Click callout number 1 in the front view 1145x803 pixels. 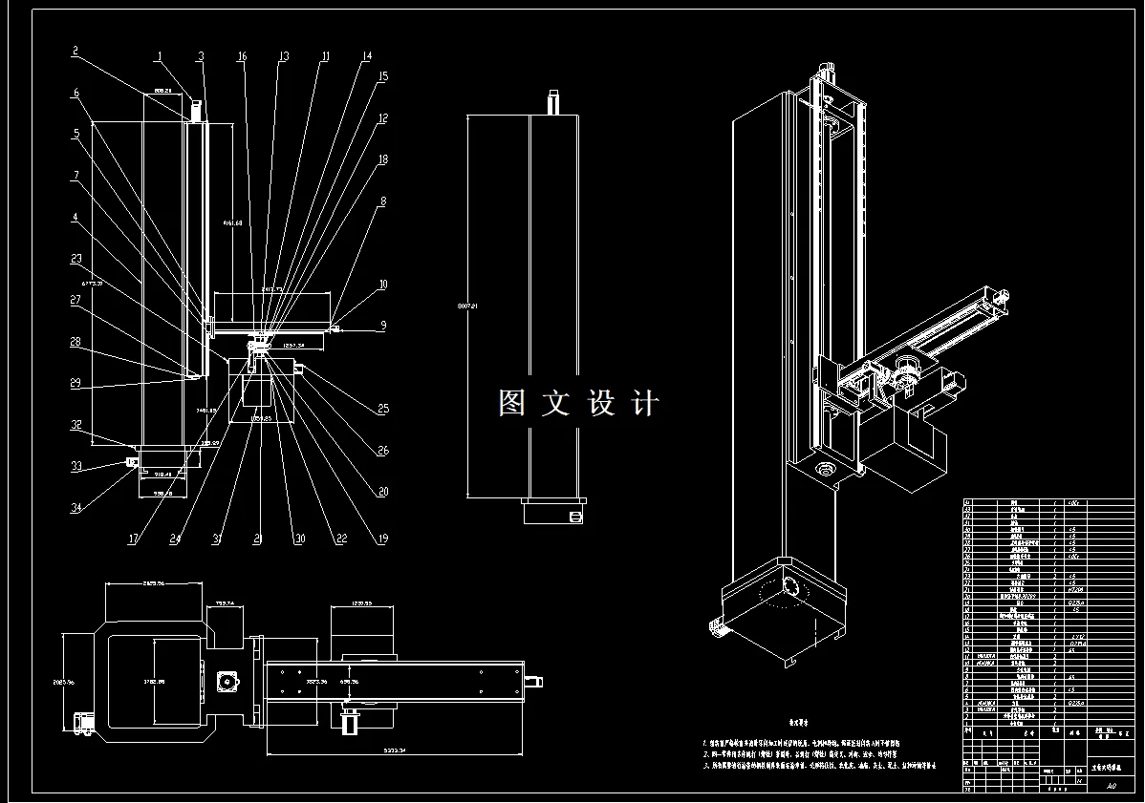(160, 56)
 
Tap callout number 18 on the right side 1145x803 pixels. (383, 159)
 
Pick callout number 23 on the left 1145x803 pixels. (76, 258)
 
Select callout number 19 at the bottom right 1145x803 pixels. (383, 539)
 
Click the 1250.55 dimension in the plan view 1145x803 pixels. (362, 604)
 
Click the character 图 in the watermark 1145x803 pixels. (511, 403)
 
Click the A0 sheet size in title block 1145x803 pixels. (1110, 787)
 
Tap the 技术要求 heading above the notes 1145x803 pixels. (798, 725)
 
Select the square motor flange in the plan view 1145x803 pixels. (227, 682)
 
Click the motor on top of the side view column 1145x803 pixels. (552, 102)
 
